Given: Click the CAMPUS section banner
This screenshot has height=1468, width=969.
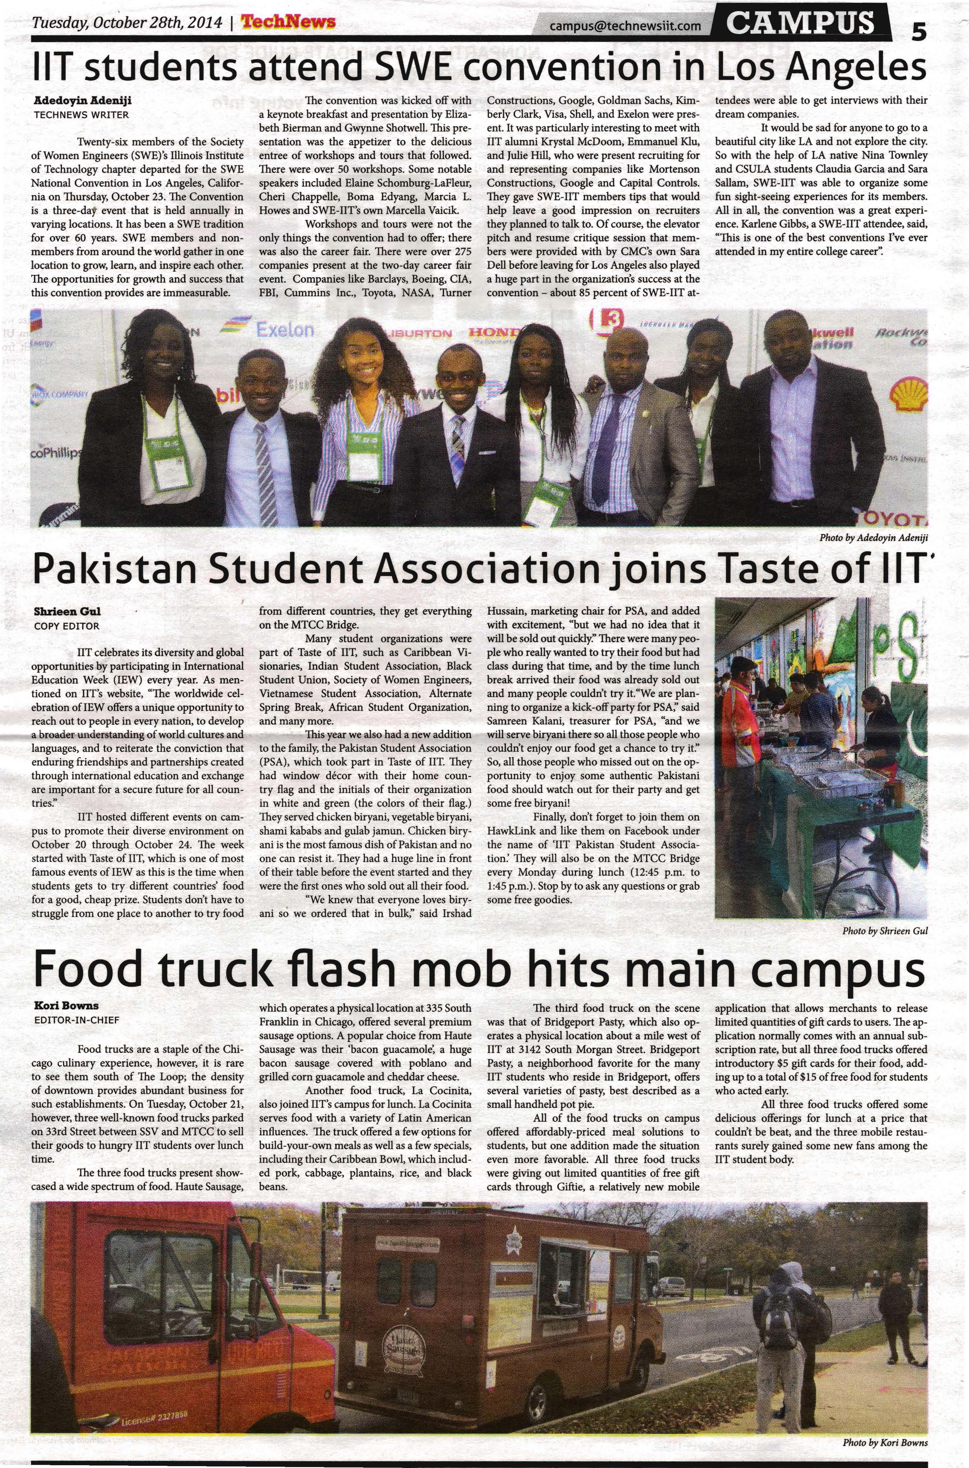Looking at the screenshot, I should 801,23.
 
